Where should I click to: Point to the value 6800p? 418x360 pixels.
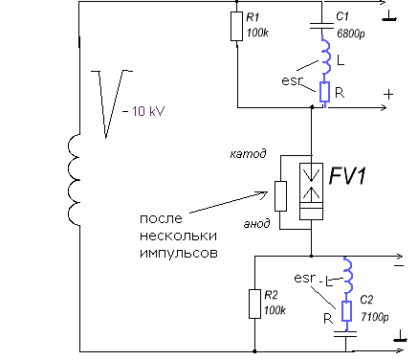pyautogui.click(x=349, y=33)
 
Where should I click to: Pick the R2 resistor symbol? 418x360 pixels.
pyautogui.click(x=255, y=303)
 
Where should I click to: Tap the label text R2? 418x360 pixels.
pyautogui.click(x=272, y=297)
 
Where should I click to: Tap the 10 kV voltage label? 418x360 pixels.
pyautogui.click(x=143, y=111)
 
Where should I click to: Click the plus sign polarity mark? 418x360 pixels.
pyautogui.click(x=387, y=95)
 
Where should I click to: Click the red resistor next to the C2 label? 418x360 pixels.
pyautogui.click(x=347, y=310)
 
